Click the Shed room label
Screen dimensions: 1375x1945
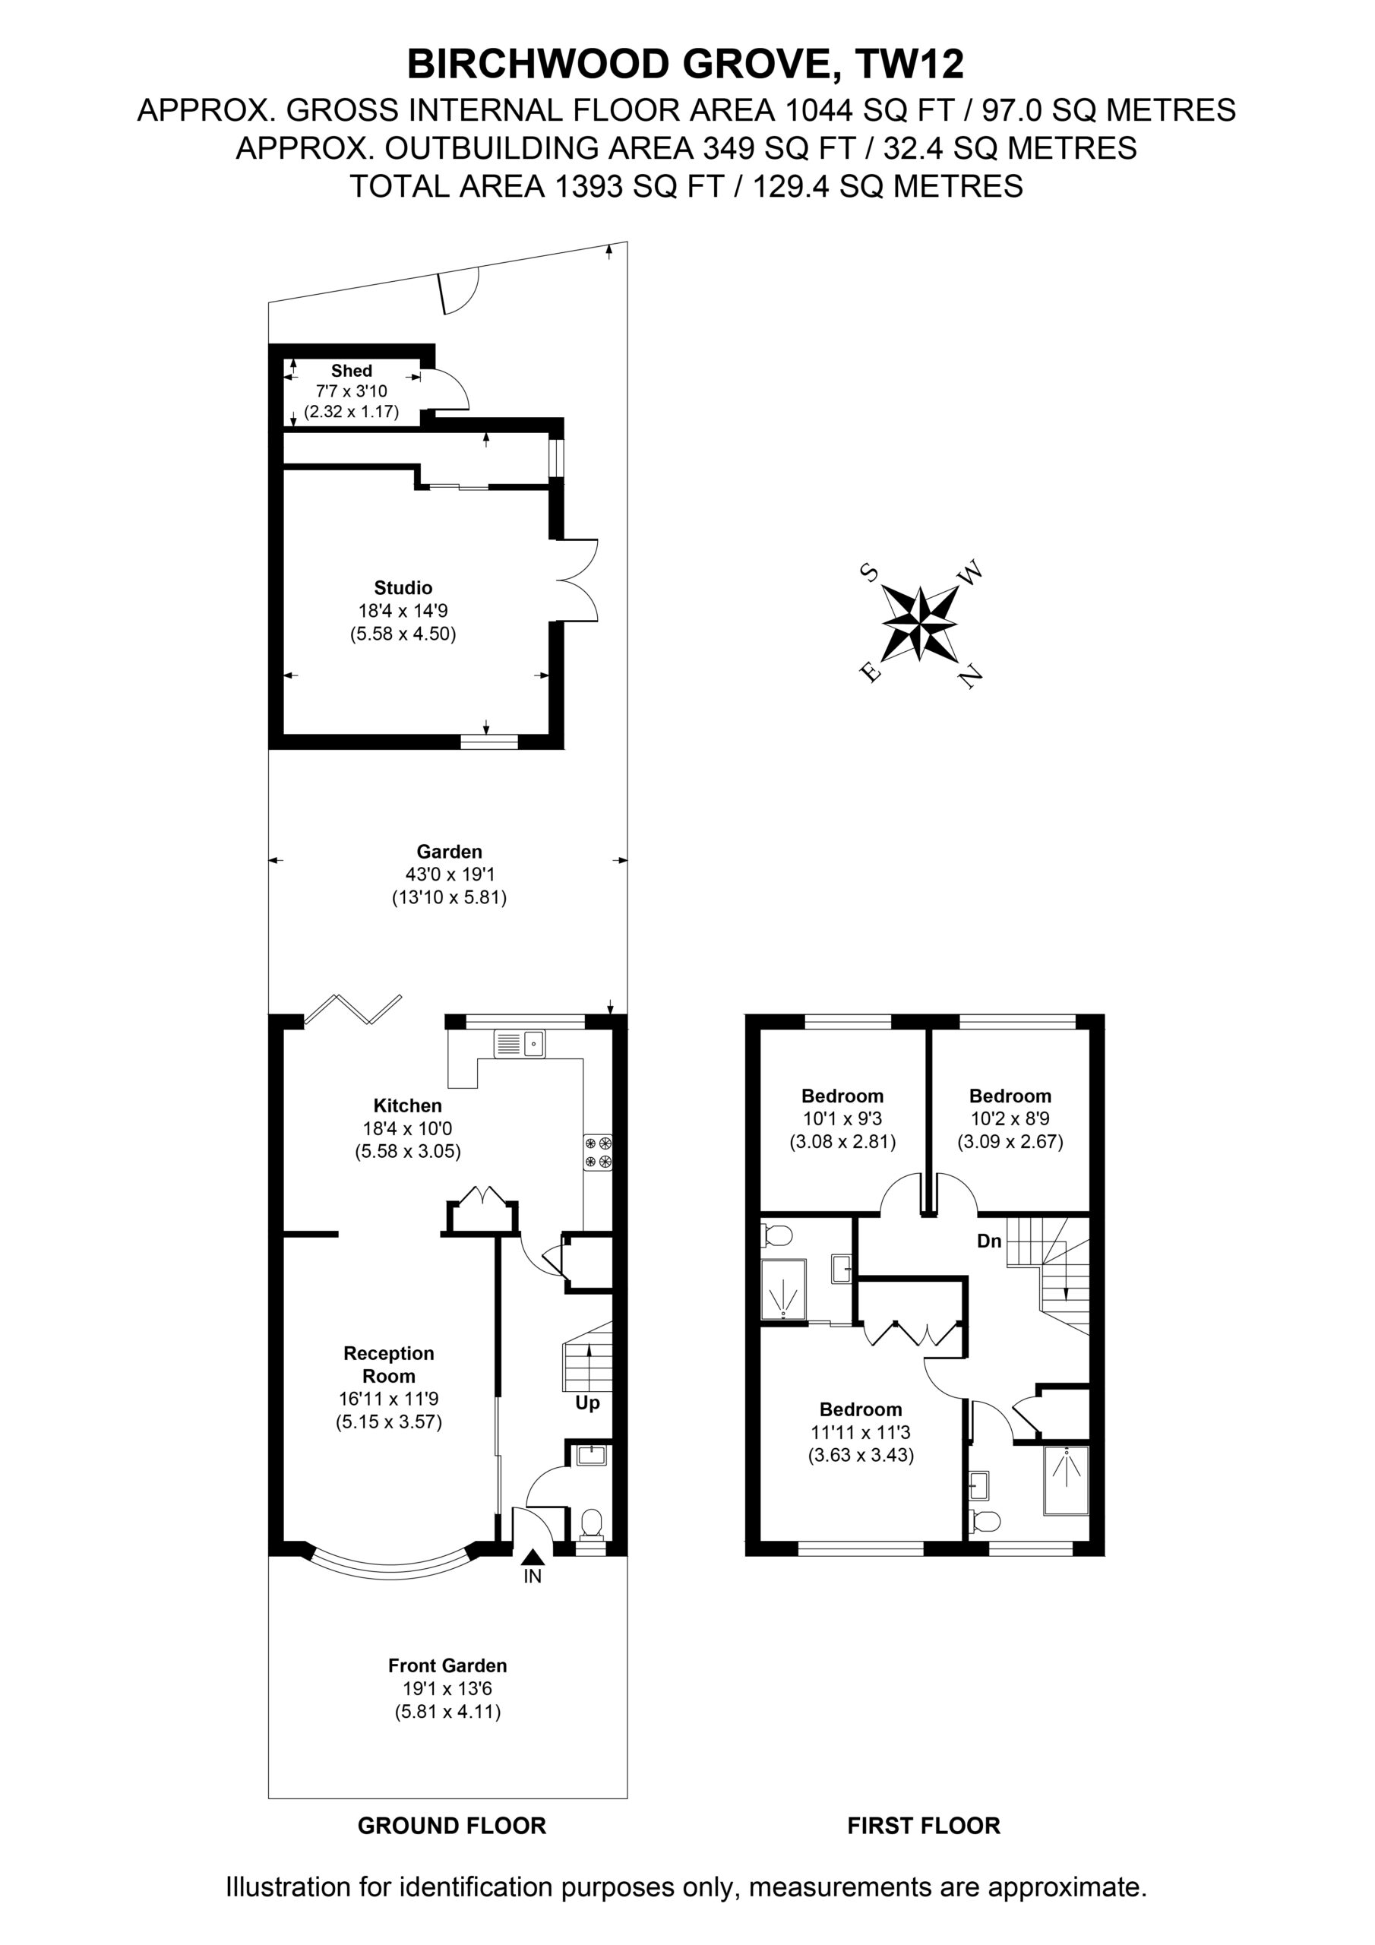pos(352,371)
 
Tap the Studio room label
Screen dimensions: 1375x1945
pos(403,588)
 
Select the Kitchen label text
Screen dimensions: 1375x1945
pos(407,1105)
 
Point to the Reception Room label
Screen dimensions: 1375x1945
pos(389,1365)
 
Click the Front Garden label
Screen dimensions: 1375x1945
pos(447,1665)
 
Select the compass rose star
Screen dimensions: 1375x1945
pos(920,623)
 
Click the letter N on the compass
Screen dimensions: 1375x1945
pos(971,675)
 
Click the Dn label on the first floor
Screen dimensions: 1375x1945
pos(990,1241)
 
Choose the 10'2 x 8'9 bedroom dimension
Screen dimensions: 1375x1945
pos(1010,1118)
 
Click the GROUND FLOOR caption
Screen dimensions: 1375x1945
pos(451,1826)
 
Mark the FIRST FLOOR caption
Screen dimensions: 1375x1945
pos(924,1826)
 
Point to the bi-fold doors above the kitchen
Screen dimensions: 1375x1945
pos(352,1010)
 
